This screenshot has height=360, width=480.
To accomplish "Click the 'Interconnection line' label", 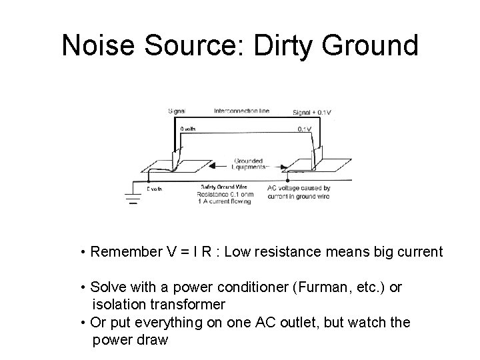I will (x=241, y=111).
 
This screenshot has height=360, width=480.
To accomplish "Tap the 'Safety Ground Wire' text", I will (x=223, y=187).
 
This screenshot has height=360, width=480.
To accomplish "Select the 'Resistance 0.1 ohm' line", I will (x=225, y=195).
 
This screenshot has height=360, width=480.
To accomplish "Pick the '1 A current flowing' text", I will (x=225, y=201).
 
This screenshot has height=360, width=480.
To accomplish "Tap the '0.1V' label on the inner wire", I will (x=304, y=129).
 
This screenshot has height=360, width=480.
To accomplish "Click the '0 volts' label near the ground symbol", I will (x=153, y=189).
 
